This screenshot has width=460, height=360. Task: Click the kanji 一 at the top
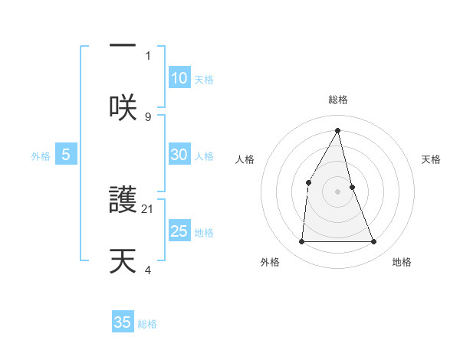[123, 45]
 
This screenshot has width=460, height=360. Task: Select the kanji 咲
[123, 108]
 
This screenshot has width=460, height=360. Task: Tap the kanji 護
[123, 201]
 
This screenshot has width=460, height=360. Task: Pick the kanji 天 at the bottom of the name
[123, 261]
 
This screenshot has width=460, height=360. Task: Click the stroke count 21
[148, 208]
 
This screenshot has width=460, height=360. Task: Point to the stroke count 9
[148, 116]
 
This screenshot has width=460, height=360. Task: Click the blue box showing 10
[179, 78]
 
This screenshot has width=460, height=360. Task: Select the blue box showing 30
[179, 155]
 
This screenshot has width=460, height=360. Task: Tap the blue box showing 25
[179, 231]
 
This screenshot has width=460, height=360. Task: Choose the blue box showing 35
[123, 322]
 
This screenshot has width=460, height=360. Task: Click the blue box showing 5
[66, 155]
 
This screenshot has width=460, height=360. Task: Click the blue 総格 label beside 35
[147, 324]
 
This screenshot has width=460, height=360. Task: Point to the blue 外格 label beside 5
[41, 156]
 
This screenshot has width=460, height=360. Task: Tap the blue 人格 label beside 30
[204, 156]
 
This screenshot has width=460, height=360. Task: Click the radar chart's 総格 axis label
[338, 100]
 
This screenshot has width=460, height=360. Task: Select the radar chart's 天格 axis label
[431, 159]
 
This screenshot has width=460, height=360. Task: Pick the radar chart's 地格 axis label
[402, 262]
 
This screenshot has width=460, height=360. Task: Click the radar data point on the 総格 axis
[338, 130]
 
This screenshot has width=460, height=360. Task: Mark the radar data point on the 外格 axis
[301, 242]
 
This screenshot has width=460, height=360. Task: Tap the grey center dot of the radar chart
[338, 191]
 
